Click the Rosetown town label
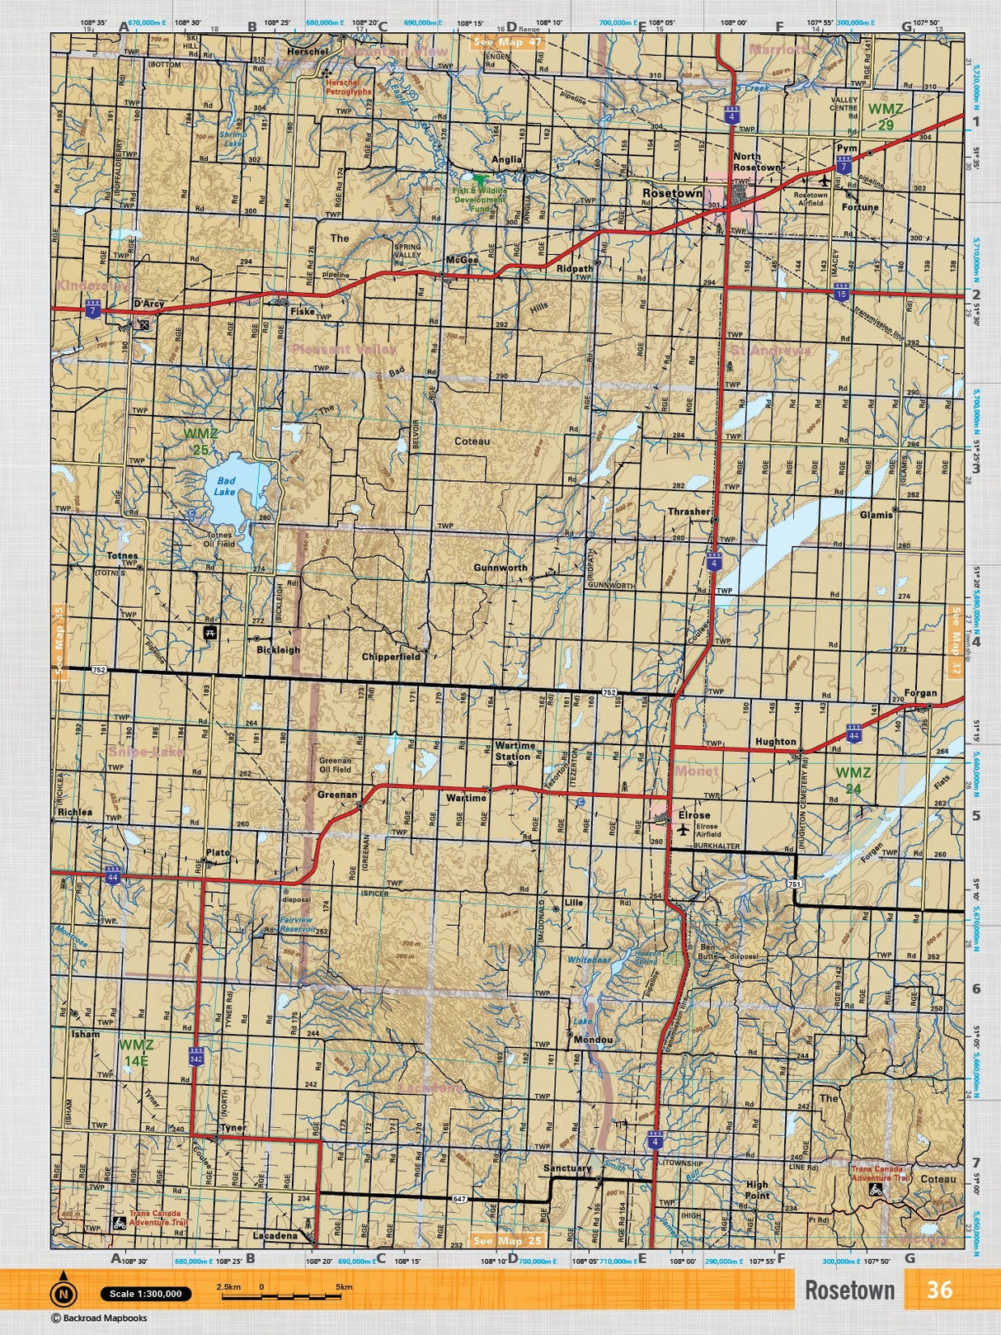[x=672, y=193]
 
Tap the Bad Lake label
[x=224, y=486]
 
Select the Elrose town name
[x=693, y=815]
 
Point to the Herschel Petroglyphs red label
[x=348, y=87]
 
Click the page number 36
[x=939, y=1290]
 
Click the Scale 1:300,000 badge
[x=145, y=1294]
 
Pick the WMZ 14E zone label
[x=135, y=1052]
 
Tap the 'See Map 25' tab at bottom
[x=509, y=1241]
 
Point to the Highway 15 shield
[x=840, y=294]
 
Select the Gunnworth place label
[x=500, y=568]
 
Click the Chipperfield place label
[x=391, y=657]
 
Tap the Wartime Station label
[x=515, y=751]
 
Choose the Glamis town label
[x=876, y=515]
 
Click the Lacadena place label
[x=275, y=1236]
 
